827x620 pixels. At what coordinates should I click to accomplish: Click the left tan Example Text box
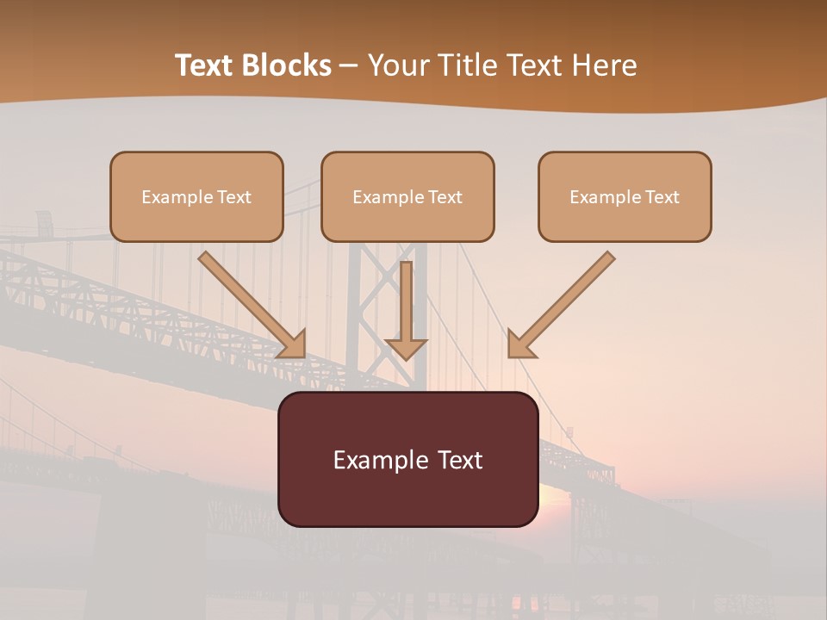[196, 196]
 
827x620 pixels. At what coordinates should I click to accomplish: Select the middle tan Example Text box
[407, 196]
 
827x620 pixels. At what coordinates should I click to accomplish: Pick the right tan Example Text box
[625, 196]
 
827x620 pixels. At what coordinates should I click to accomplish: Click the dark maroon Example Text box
[407, 459]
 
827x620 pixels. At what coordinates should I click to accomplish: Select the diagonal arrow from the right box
[569, 297]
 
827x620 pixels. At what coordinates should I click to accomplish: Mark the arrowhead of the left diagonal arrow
[294, 344]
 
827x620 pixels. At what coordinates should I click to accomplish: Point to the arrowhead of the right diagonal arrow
[520, 344]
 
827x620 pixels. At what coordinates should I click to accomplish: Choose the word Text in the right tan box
[662, 197]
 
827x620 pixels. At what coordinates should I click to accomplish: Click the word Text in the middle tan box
[445, 197]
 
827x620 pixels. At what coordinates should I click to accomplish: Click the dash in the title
[349, 66]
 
